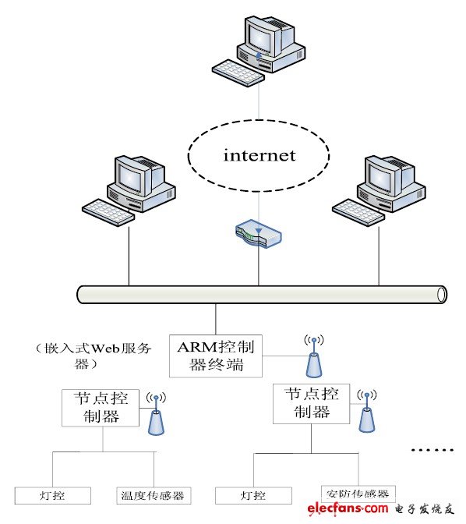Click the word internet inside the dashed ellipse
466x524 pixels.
(259, 155)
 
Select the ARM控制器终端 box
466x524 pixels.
(216, 355)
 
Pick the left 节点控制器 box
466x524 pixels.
(101, 408)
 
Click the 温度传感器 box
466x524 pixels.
(154, 496)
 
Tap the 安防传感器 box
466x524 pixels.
(359, 494)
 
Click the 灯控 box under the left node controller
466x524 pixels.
(53, 496)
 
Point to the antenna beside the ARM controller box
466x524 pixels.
(314, 358)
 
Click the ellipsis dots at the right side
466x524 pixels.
(431, 450)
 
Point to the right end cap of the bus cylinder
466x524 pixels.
(442, 294)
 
